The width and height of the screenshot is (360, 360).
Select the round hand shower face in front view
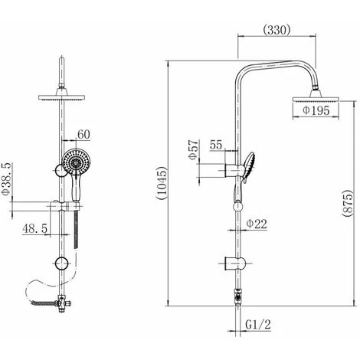tap(74, 164)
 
